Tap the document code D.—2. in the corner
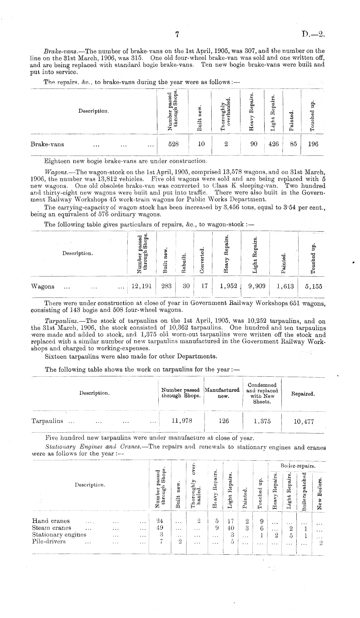pos(313,35)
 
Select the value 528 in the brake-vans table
pos(174,144)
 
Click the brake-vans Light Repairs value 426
pos(273,144)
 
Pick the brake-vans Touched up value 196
pos(313,144)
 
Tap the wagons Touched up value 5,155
pos(313,287)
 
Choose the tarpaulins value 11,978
pos(181,421)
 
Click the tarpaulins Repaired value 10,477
pos(303,421)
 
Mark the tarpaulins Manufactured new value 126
pos(223,421)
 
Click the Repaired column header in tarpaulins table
pos(303,394)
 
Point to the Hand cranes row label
pos(51,521)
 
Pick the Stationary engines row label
pos(59,534)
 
